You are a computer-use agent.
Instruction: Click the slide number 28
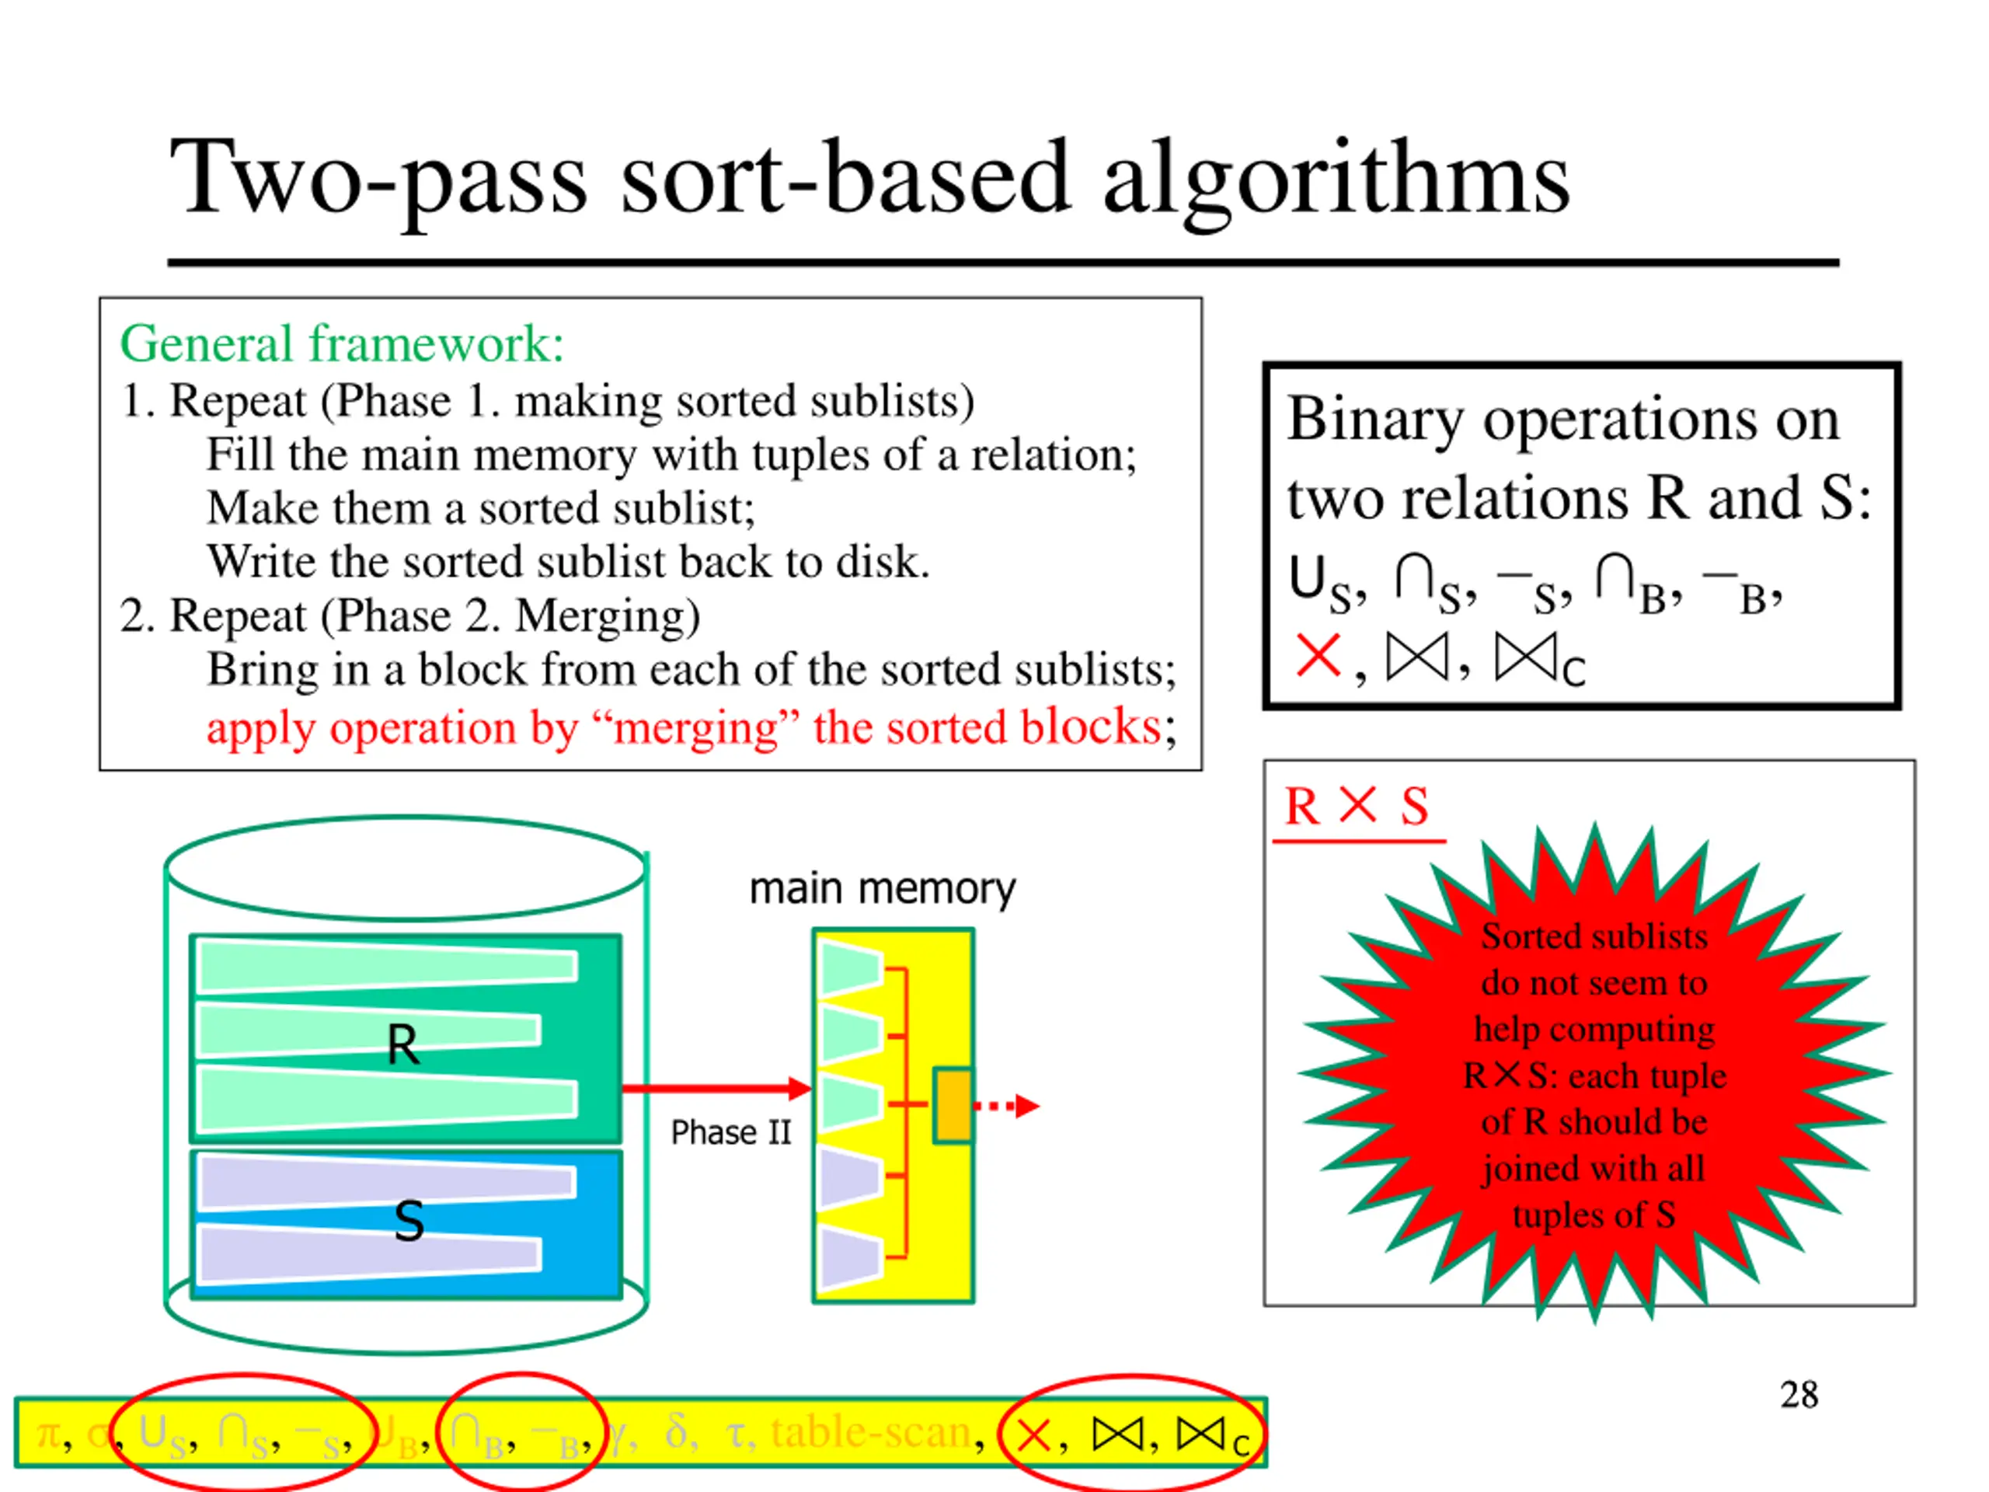point(1799,1395)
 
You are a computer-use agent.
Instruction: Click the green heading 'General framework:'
point(342,344)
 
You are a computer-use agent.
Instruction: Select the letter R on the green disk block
point(402,1045)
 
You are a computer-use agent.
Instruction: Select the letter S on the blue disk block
point(409,1222)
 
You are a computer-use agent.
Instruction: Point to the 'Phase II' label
point(730,1132)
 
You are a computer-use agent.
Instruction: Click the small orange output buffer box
point(953,1105)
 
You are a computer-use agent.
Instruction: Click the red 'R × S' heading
point(1356,806)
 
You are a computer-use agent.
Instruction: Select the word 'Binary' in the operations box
point(1375,419)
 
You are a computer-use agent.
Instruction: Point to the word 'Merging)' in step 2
point(608,617)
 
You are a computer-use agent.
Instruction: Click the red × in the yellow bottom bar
point(1033,1435)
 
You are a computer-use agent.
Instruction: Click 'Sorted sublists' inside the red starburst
point(1594,936)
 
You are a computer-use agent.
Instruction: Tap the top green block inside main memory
point(849,967)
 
